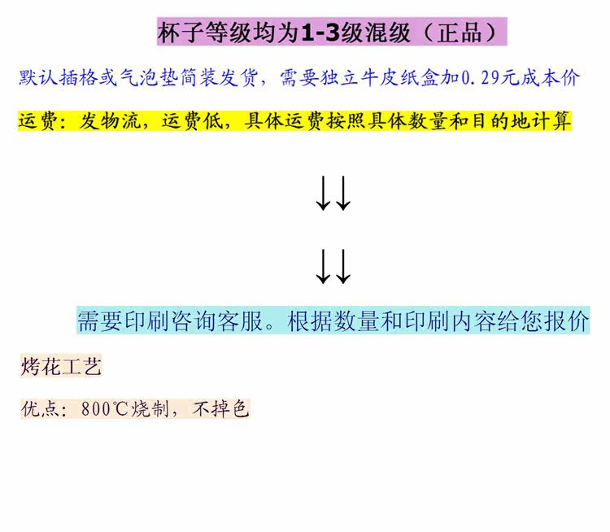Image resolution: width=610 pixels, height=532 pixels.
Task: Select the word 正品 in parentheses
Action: click(460, 33)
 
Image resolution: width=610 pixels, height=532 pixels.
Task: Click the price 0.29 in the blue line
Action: click(481, 78)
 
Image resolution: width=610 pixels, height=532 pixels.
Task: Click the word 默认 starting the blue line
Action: click(38, 77)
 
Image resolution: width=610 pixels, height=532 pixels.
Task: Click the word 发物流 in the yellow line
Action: click(110, 120)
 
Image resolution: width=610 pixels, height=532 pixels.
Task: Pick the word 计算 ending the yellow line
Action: click(551, 120)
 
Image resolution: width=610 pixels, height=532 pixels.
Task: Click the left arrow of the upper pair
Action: click(323, 193)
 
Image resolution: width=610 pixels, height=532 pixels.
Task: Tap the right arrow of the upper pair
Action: click(343, 193)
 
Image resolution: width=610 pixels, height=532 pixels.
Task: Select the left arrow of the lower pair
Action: click(323, 267)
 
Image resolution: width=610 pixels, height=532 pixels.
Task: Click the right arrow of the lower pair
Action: click(343, 267)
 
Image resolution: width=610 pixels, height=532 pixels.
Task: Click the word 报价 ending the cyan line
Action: click(566, 321)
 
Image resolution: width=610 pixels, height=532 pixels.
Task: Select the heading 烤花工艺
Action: click(61, 366)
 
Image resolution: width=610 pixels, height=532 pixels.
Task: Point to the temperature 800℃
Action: click(104, 409)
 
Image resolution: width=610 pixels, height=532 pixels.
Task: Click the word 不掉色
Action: click(220, 408)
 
